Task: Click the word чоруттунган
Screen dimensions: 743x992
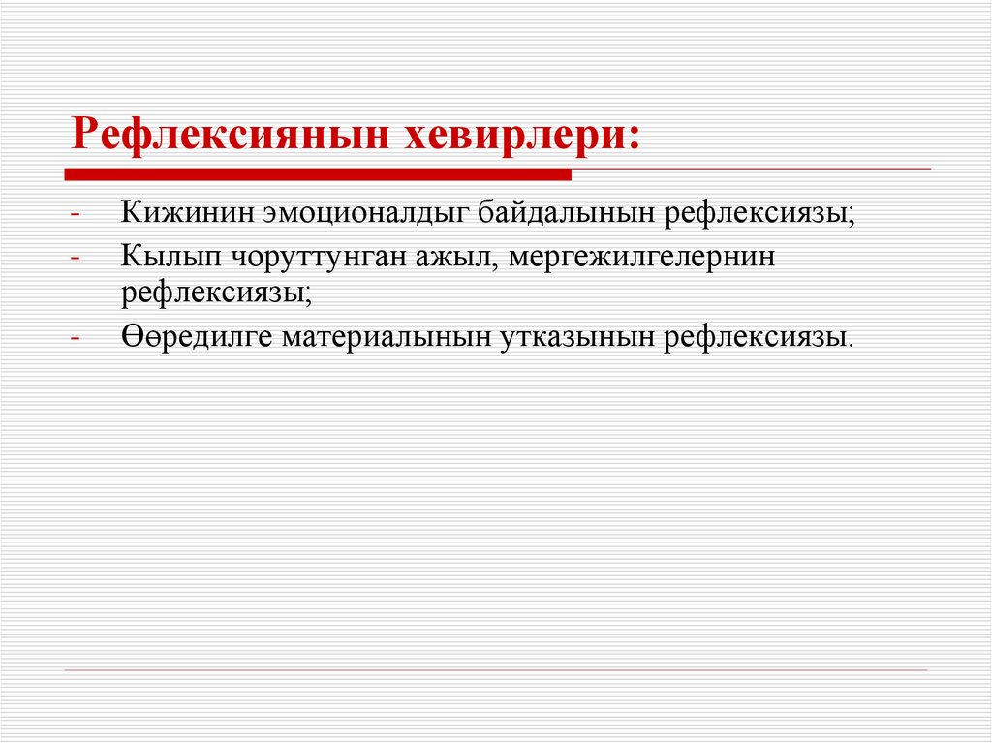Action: click(x=292, y=258)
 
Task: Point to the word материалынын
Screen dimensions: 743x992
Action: click(x=387, y=335)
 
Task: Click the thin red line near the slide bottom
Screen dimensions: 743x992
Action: click(x=496, y=670)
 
